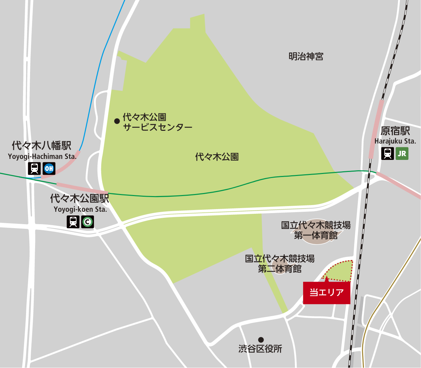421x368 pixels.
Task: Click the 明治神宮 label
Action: click(x=306, y=57)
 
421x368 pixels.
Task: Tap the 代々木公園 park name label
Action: click(x=217, y=157)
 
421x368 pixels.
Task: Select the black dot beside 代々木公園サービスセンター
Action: click(x=117, y=121)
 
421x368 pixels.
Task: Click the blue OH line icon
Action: click(x=49, y=168)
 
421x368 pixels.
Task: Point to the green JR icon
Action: click(x=402, y=154)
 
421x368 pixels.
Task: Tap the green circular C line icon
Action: click(x=88, y=221)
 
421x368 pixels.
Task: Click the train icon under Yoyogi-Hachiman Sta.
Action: click(x=34, y=168)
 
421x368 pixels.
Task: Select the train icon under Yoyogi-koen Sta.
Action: click(x=73, y=221)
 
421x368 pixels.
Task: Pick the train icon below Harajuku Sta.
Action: click(x=387, y=154)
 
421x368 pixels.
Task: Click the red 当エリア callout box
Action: click(x=326, y=293)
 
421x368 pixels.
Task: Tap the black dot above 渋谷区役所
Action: click(x=261, y=340)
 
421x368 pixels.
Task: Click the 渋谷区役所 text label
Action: click(x=260, y=349)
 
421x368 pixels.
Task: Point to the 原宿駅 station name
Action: click(x=395, y=131)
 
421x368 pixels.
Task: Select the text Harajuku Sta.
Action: click(x=395, y=141)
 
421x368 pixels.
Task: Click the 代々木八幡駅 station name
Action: click(x=41, y=146)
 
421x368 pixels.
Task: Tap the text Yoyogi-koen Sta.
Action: click(x=80, y=209)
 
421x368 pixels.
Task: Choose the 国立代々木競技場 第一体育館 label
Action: click(x=316, y=230)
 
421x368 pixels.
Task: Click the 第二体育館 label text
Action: click(x=280, y=269)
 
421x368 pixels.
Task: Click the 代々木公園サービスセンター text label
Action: click(x=157, y=122)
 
